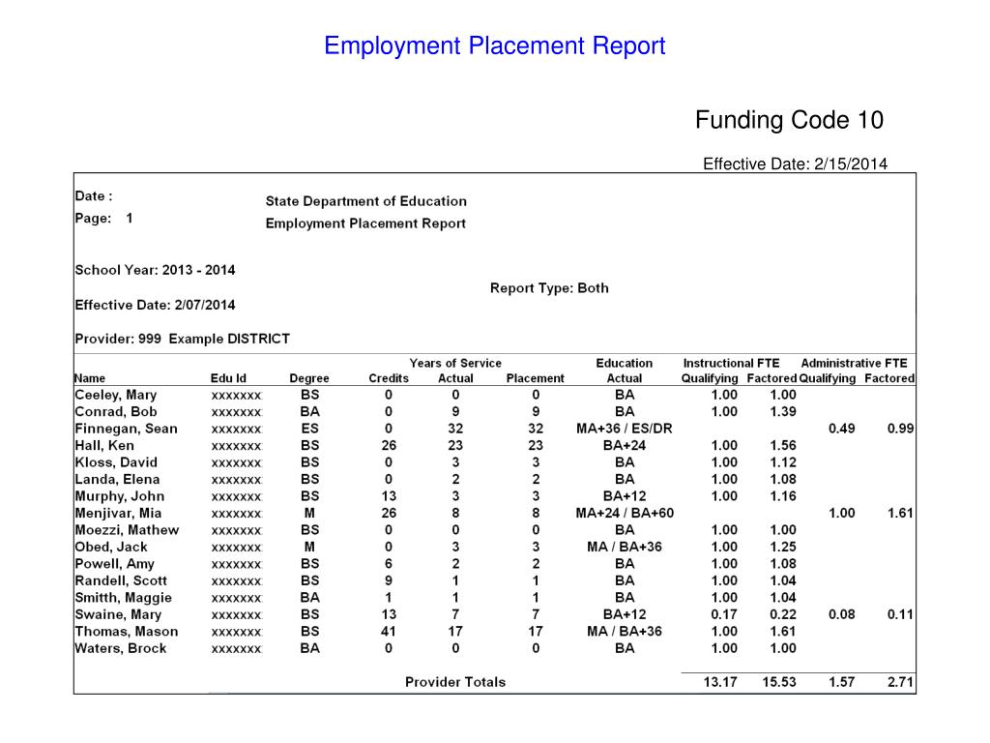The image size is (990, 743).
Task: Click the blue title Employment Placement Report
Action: [x=494, y=45]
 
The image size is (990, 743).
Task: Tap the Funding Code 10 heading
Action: [x=789, y=120]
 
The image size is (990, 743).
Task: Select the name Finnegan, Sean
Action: [x=126, y=429]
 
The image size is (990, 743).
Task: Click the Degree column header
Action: [x=309, y=378]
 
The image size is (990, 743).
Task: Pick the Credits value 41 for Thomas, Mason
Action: [x=389, y=632]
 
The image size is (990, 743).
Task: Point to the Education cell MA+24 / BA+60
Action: [x=625, y=513]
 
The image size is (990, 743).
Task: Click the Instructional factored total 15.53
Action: [x=778, y=682]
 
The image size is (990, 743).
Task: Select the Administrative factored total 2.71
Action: [x=900, y=682]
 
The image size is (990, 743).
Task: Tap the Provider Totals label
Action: [x=454, y=682]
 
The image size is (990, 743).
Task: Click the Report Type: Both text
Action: [x=549, y=288]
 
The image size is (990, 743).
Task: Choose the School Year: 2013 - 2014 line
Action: [x=155, y=270]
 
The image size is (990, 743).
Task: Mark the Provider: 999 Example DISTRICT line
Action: [x=182, y=339]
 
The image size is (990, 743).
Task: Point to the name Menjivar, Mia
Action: [x=118, y=513]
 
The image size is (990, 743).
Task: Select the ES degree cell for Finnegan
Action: [x=309, y=429]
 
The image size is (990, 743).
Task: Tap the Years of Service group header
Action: [x=455, y=364]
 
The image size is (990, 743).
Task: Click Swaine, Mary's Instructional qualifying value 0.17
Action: [x=724, y=614]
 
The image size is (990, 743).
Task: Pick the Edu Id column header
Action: [x=228, y=378]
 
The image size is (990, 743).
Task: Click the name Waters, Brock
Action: [x=121, y=648]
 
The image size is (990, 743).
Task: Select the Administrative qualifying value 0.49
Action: [x=842, y=429]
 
